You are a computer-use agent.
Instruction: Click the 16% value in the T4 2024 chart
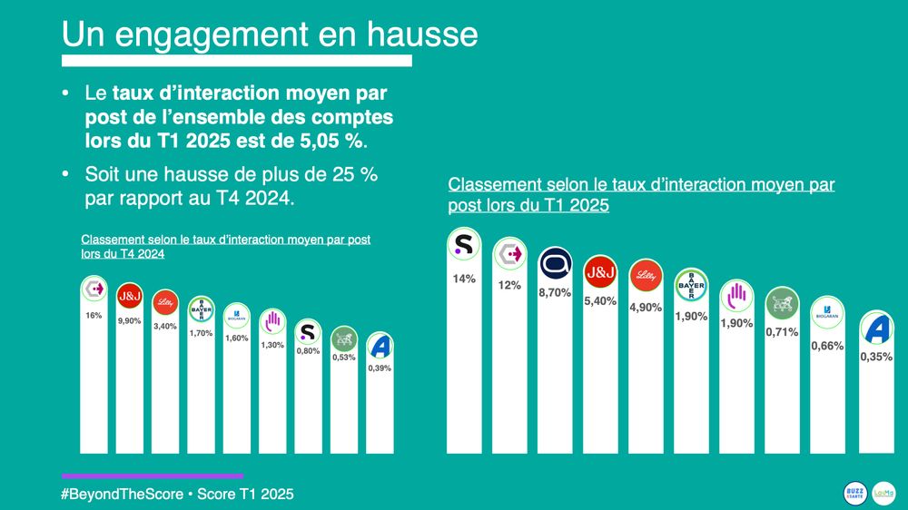94,315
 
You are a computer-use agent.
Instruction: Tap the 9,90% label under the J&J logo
129,321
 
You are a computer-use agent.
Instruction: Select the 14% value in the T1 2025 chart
464,279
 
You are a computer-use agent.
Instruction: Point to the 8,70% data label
555,292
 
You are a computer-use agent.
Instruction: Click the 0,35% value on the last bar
875,357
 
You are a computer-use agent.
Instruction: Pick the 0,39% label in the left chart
380,368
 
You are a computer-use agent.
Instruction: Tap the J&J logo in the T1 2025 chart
600,272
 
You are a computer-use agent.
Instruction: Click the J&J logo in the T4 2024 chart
130,295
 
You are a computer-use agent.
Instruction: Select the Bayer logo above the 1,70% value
201,309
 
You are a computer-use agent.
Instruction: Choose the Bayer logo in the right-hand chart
691,286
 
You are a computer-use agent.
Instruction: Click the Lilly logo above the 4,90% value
646,276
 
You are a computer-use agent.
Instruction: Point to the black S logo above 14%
464,245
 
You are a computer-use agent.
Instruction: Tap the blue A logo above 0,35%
879,327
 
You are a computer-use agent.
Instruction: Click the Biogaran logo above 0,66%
827,313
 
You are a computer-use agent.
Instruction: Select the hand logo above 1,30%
272,320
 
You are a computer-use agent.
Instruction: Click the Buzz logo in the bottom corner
854,493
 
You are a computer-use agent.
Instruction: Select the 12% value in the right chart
509,285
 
